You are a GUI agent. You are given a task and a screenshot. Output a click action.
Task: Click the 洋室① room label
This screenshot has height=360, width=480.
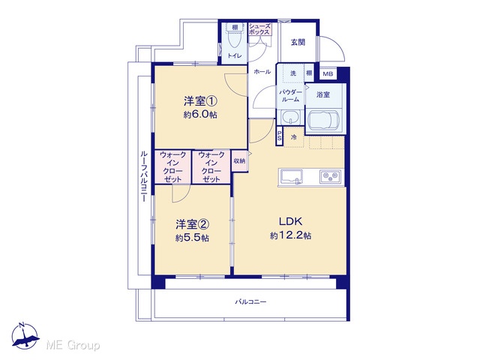pos(200,100)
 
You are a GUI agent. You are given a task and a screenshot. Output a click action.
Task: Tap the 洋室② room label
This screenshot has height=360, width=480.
pos(193,225)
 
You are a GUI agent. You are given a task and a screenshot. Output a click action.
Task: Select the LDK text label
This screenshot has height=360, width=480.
pos(290,221)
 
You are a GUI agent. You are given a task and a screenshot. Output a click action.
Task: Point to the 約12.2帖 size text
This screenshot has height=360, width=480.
pos(290,235)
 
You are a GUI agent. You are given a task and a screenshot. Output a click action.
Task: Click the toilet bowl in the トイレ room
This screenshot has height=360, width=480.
pos(235,39)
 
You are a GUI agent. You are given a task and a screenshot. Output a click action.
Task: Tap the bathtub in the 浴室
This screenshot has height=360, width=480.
pos(323,121)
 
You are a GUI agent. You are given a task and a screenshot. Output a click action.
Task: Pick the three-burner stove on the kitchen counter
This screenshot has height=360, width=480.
pos(330,176)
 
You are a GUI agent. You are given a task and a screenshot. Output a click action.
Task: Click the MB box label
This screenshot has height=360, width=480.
pos(328,73)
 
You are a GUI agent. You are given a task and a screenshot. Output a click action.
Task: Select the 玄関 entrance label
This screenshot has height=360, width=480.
pos(298,42)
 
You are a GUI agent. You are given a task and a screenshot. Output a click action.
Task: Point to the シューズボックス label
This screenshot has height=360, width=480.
pos(259,29)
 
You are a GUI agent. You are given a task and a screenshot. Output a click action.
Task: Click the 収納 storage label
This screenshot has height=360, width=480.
pos(239,160)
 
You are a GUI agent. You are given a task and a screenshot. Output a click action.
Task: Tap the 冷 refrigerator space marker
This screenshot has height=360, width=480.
pos(293,137)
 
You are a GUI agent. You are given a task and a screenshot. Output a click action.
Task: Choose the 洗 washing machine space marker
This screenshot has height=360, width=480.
pos(293,73)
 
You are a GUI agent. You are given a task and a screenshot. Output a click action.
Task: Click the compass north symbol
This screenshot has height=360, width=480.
pos(25,336)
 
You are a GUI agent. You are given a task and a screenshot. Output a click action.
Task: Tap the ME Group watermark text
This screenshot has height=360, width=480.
pos(73,346)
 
